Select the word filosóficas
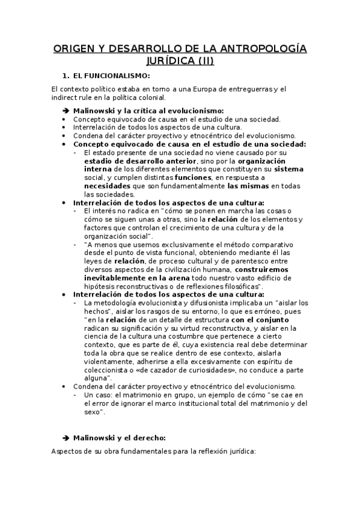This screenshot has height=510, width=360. tap(239, 287)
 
